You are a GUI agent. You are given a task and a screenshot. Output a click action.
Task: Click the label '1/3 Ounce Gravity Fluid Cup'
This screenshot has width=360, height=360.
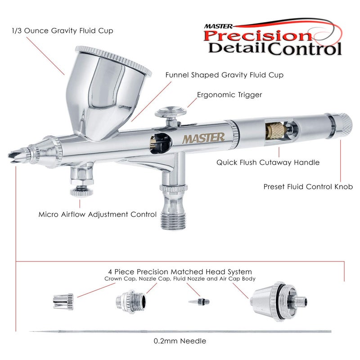[63, 31]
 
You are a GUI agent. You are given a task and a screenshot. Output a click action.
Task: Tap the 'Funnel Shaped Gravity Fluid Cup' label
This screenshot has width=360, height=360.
[224, 75]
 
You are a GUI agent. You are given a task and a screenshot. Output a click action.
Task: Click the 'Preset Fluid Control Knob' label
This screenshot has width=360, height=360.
[308, 186]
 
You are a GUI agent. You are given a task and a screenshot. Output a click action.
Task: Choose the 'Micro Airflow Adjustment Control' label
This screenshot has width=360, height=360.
[98, 214]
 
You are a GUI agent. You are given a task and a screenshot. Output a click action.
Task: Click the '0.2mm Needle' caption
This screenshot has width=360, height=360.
[180, 341]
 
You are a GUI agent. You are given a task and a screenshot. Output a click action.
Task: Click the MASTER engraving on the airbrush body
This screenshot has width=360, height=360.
[203, 138]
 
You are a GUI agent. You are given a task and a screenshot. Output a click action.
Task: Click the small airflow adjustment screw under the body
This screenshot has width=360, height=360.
[82, 192]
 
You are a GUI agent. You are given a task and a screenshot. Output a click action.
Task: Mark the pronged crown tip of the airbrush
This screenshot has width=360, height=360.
[13, 154]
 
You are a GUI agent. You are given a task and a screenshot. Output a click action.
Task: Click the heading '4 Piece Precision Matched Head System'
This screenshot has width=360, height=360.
[180, 272]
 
